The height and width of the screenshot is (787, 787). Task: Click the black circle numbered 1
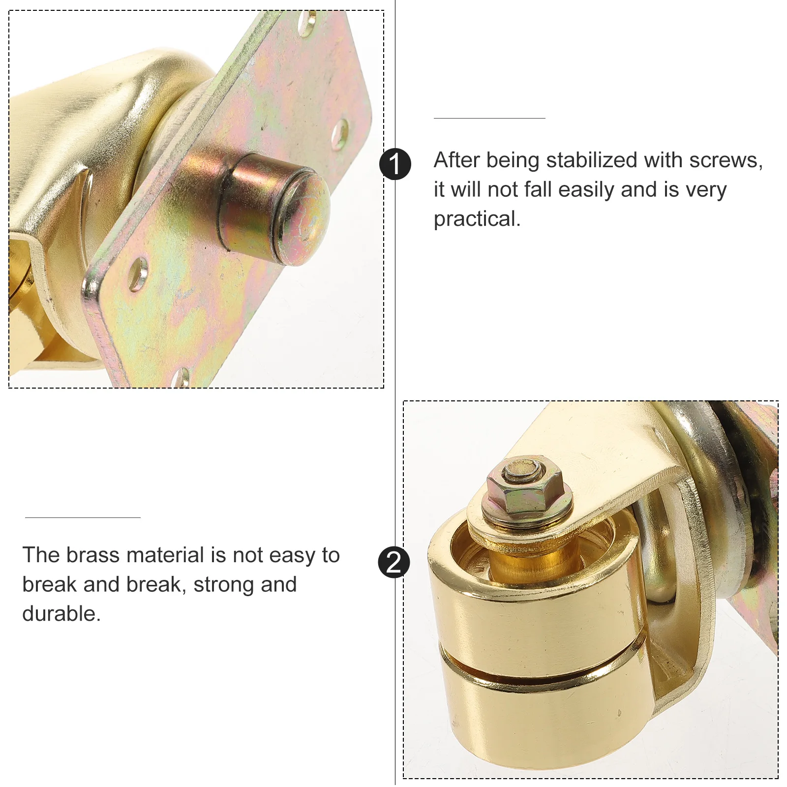[395, 164]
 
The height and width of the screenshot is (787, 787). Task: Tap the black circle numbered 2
[394, 562]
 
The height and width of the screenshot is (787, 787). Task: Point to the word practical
[476, 219]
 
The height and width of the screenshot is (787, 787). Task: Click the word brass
[93, 555]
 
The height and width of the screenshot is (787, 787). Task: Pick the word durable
[61, 614]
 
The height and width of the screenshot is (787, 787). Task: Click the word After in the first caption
[456, 160]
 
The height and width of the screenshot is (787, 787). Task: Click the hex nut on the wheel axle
[524, 487]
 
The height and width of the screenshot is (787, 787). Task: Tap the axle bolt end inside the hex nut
[522, 467]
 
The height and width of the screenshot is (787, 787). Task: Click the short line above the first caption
[489, 118]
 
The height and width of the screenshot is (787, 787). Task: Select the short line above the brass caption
[83, 517]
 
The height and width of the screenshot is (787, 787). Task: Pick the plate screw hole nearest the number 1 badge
[339, 134]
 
